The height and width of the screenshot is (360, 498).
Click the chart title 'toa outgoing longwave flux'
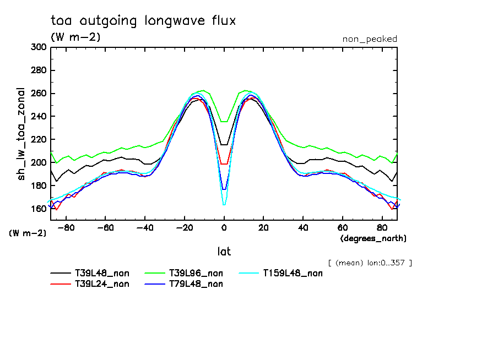143,21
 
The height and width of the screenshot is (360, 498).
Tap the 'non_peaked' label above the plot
369,39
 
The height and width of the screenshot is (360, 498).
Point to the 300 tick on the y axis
39,47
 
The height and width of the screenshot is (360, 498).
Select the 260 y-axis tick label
39,94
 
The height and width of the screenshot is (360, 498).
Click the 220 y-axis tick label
39,140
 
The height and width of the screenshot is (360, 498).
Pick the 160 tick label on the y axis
39,209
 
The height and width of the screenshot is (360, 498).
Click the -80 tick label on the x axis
66,227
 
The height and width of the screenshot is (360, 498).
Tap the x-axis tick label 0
224,227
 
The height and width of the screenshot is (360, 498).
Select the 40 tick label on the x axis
303,227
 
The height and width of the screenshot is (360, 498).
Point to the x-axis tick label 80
382,227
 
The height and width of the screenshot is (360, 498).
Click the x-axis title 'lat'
224,252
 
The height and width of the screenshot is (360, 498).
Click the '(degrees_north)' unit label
373,238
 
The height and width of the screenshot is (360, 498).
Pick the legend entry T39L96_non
196,273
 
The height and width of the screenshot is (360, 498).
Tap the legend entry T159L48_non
292,273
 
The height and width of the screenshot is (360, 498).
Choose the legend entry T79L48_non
196,284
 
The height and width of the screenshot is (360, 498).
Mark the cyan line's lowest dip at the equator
224,205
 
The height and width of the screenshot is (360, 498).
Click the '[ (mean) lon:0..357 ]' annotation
370,263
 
